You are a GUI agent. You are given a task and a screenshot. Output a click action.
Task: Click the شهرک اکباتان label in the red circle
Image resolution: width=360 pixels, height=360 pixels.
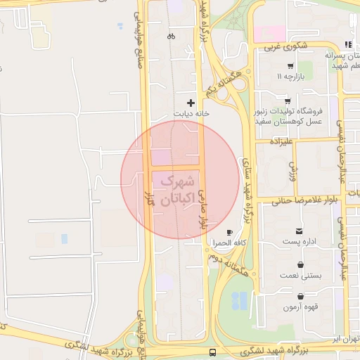pos(176,190)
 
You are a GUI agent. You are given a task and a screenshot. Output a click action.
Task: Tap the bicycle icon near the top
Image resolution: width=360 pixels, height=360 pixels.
pos(171,36)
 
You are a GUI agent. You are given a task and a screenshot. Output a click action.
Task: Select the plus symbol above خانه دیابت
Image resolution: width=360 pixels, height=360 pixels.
pos(191,103)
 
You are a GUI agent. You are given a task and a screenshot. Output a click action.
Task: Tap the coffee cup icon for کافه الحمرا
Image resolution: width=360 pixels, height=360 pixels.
pos(229,233)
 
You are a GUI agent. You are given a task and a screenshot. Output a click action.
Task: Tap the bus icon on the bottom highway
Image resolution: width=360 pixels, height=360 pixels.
pos(213,352)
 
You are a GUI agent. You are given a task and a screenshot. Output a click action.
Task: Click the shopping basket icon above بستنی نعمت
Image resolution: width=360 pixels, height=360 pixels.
pos(301,265)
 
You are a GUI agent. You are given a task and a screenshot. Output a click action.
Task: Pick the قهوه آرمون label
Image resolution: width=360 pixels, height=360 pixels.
pos(302,307)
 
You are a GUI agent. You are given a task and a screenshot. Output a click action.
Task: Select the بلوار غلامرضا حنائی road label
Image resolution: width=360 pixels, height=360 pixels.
pos(297,199)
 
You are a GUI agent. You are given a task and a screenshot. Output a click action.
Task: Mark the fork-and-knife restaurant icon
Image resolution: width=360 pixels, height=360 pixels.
pos(348,45)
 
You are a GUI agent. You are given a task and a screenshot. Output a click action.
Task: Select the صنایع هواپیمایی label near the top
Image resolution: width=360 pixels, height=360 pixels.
pos(137,35)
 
